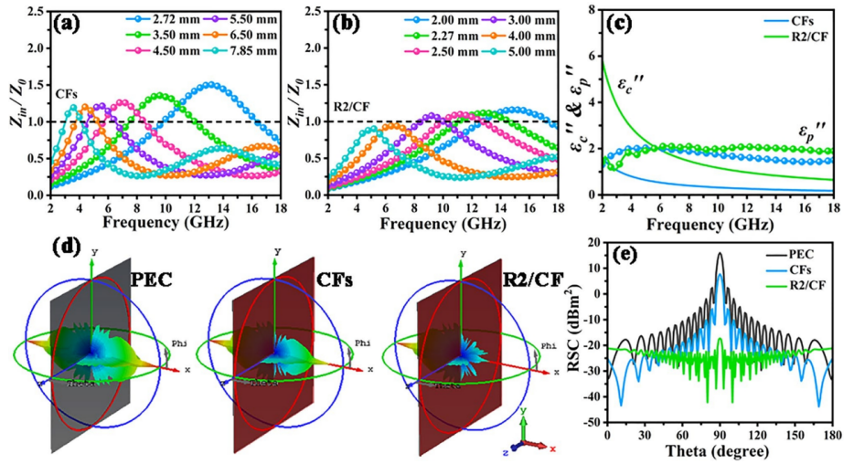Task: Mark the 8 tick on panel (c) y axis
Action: [592, 9]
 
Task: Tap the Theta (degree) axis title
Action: [720, 451]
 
